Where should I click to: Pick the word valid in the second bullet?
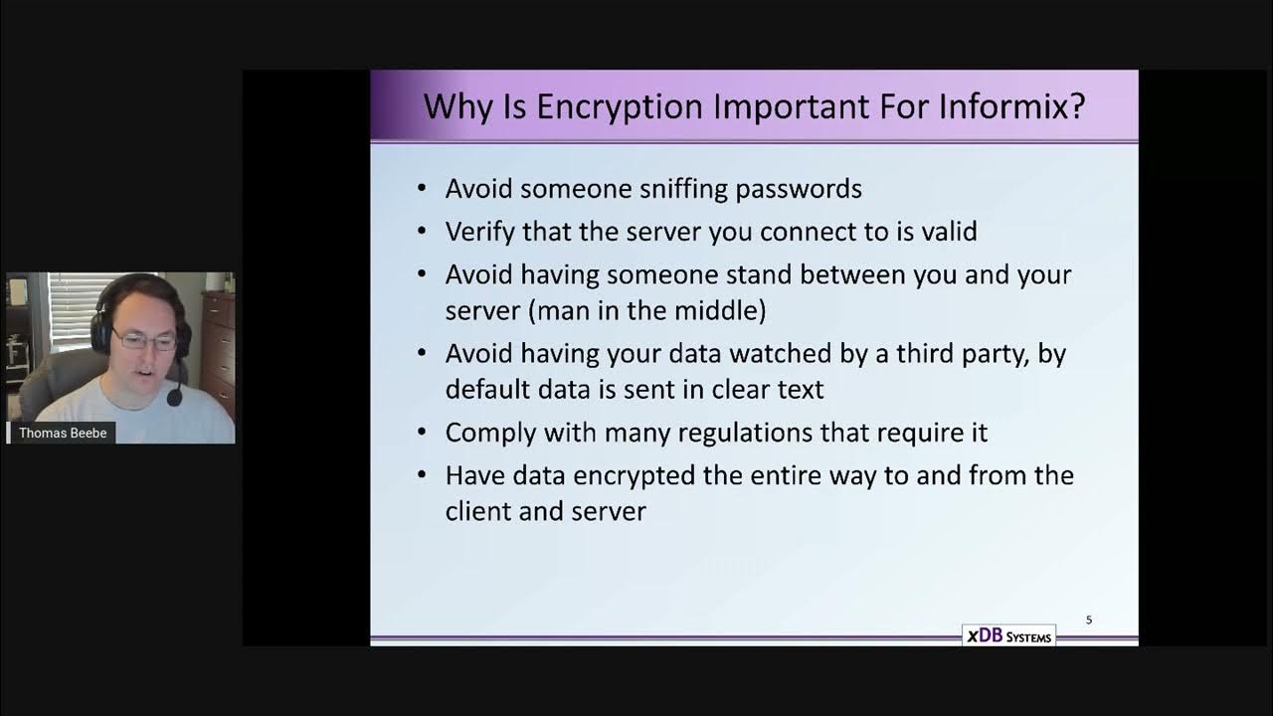click(x=944, y=231)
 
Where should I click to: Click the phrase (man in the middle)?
click(x=647, y=310)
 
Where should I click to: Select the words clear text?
click(x=768, y=389)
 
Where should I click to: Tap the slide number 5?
click(x=1089, y=620)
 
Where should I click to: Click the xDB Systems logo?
click(x=1008, y=636)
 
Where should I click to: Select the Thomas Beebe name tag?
click(x=62, y=434)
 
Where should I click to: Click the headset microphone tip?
click(x=174, y=400)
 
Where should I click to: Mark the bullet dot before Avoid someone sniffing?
click(x=423, y=189)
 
